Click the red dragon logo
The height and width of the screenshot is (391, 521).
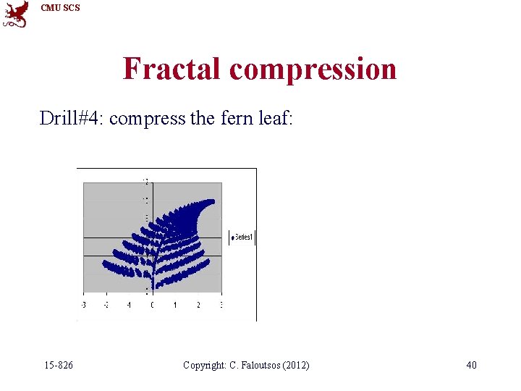coord(15,14)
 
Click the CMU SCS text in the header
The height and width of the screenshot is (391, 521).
coord(61,8)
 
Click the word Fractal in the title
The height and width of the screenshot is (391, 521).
coord(172,69)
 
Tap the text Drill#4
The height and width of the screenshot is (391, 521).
coord(71,118)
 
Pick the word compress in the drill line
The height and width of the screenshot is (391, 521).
coord(148,119)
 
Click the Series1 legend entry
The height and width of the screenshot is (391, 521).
coord(242,237)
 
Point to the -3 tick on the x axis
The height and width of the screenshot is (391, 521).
coord(83,306)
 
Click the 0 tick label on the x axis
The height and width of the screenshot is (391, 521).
coord(152,306)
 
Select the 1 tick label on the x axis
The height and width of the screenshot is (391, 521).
coord(175,306)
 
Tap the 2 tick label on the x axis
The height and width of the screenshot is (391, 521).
coord(198,306)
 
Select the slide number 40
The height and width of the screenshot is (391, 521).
coord(471,365)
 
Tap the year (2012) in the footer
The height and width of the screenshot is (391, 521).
coord(293,365)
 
